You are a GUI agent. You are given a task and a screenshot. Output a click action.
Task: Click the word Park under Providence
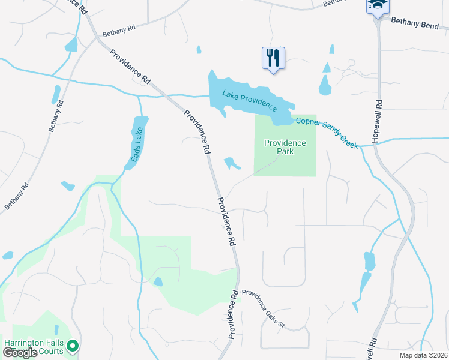285,152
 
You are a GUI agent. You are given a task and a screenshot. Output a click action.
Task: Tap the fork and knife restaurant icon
273,58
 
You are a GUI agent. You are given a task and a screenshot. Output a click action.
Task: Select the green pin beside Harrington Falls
73,346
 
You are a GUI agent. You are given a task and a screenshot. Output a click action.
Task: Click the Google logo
20,352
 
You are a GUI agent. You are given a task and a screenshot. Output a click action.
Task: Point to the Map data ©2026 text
423,355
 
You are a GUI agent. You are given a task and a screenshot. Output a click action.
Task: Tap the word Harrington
26,343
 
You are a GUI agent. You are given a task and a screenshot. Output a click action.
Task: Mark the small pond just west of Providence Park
231,163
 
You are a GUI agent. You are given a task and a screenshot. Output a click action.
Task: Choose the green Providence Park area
285,165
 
